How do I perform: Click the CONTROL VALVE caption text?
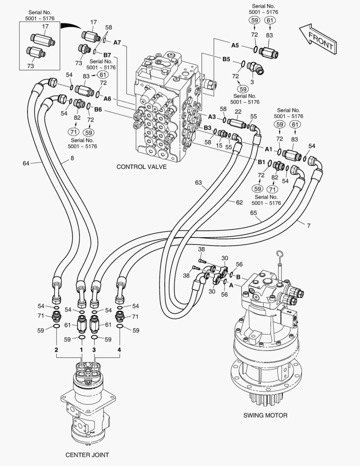[x=141, y=167]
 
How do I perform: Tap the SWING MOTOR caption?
[x=265, y=416]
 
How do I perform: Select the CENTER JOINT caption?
[x=87, y=455]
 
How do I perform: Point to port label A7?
[x=118, y=42]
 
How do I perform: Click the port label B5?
[x=226, y=59]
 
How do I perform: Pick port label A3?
[x=212, y=116]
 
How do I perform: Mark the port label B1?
[x=261, y=162]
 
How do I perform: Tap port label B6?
[x=98, y=109]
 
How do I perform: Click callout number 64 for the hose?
[x=26, y=163]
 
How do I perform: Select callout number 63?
[x=198, y=183]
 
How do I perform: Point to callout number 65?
[x=254, y=213]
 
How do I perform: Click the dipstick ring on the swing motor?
[x=280, y=253]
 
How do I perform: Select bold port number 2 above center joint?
[x=56, y=349]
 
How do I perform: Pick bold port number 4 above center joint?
[x=119, y=349]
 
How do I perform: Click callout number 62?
[x=239, y=202]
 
